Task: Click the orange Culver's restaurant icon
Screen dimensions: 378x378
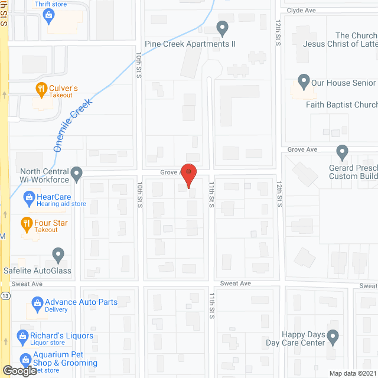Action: tap(41, 90)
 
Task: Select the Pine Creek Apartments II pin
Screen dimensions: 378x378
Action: tap(222, 28)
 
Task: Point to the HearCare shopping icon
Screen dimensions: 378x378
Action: tap(28, 196)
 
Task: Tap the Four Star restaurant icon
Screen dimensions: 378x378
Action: tap(26, 223)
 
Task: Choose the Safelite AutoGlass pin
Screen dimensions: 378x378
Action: tap(57, 255)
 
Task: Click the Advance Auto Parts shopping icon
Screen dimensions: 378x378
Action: tap(37, 305)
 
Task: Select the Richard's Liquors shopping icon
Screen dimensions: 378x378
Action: tap(25, 335)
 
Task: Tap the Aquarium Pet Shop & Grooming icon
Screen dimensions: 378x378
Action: tap(25, 359)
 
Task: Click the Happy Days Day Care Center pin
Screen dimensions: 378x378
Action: tap(333, 337)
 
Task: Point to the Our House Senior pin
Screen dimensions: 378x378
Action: tap(304, 80)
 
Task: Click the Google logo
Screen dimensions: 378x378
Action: tap(19, 371)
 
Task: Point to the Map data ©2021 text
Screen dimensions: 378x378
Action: tap(352, 373)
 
